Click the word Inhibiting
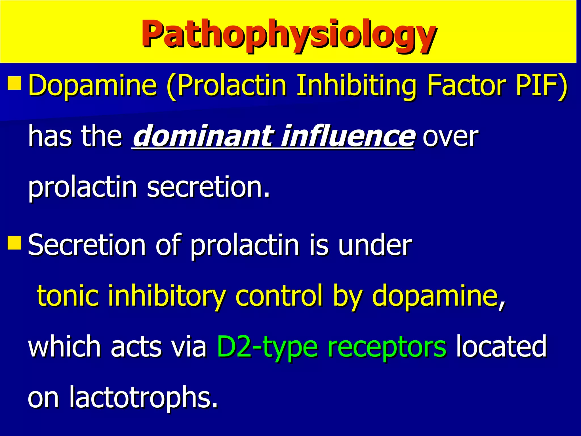point(356,85)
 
